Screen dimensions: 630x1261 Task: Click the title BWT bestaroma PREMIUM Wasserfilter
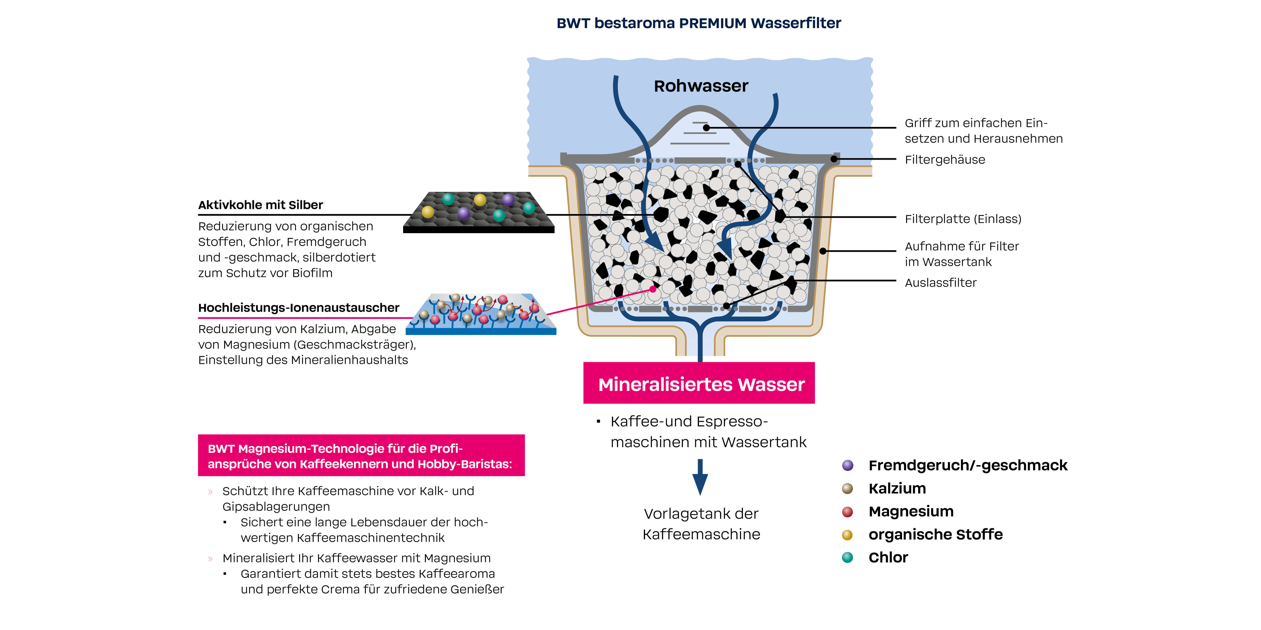click(698, 23)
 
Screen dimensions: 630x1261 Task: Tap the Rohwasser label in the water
click(701, 86)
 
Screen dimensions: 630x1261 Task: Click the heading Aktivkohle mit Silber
click(260, 205)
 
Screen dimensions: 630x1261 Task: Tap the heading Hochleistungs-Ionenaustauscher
click(299, 308)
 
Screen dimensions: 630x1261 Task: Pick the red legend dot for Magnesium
click(847, 512)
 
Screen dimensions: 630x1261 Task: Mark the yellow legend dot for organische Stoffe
click(847, 535)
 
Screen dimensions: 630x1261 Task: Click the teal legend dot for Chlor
click(847, 558)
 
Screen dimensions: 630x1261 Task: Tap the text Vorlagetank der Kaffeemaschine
click(701, 524)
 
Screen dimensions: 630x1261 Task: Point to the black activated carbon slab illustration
click(479, 213)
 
